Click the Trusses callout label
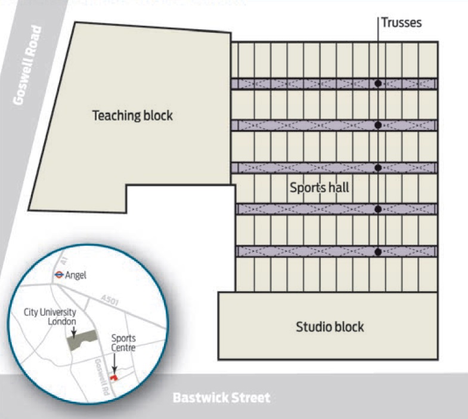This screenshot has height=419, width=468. (x=402, y=23)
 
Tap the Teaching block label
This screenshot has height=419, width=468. (x=132, y=115)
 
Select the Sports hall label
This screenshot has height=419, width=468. (x=319, y=187)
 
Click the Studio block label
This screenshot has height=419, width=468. (x=330, y=326)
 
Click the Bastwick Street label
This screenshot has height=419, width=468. (x=221, y=398)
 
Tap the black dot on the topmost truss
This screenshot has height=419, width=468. (x=378, y=84)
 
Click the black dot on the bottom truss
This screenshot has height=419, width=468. (x=378, y=252)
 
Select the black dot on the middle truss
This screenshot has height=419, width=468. (x=378, y=168)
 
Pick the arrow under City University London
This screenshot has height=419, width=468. (x=73, y=327)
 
